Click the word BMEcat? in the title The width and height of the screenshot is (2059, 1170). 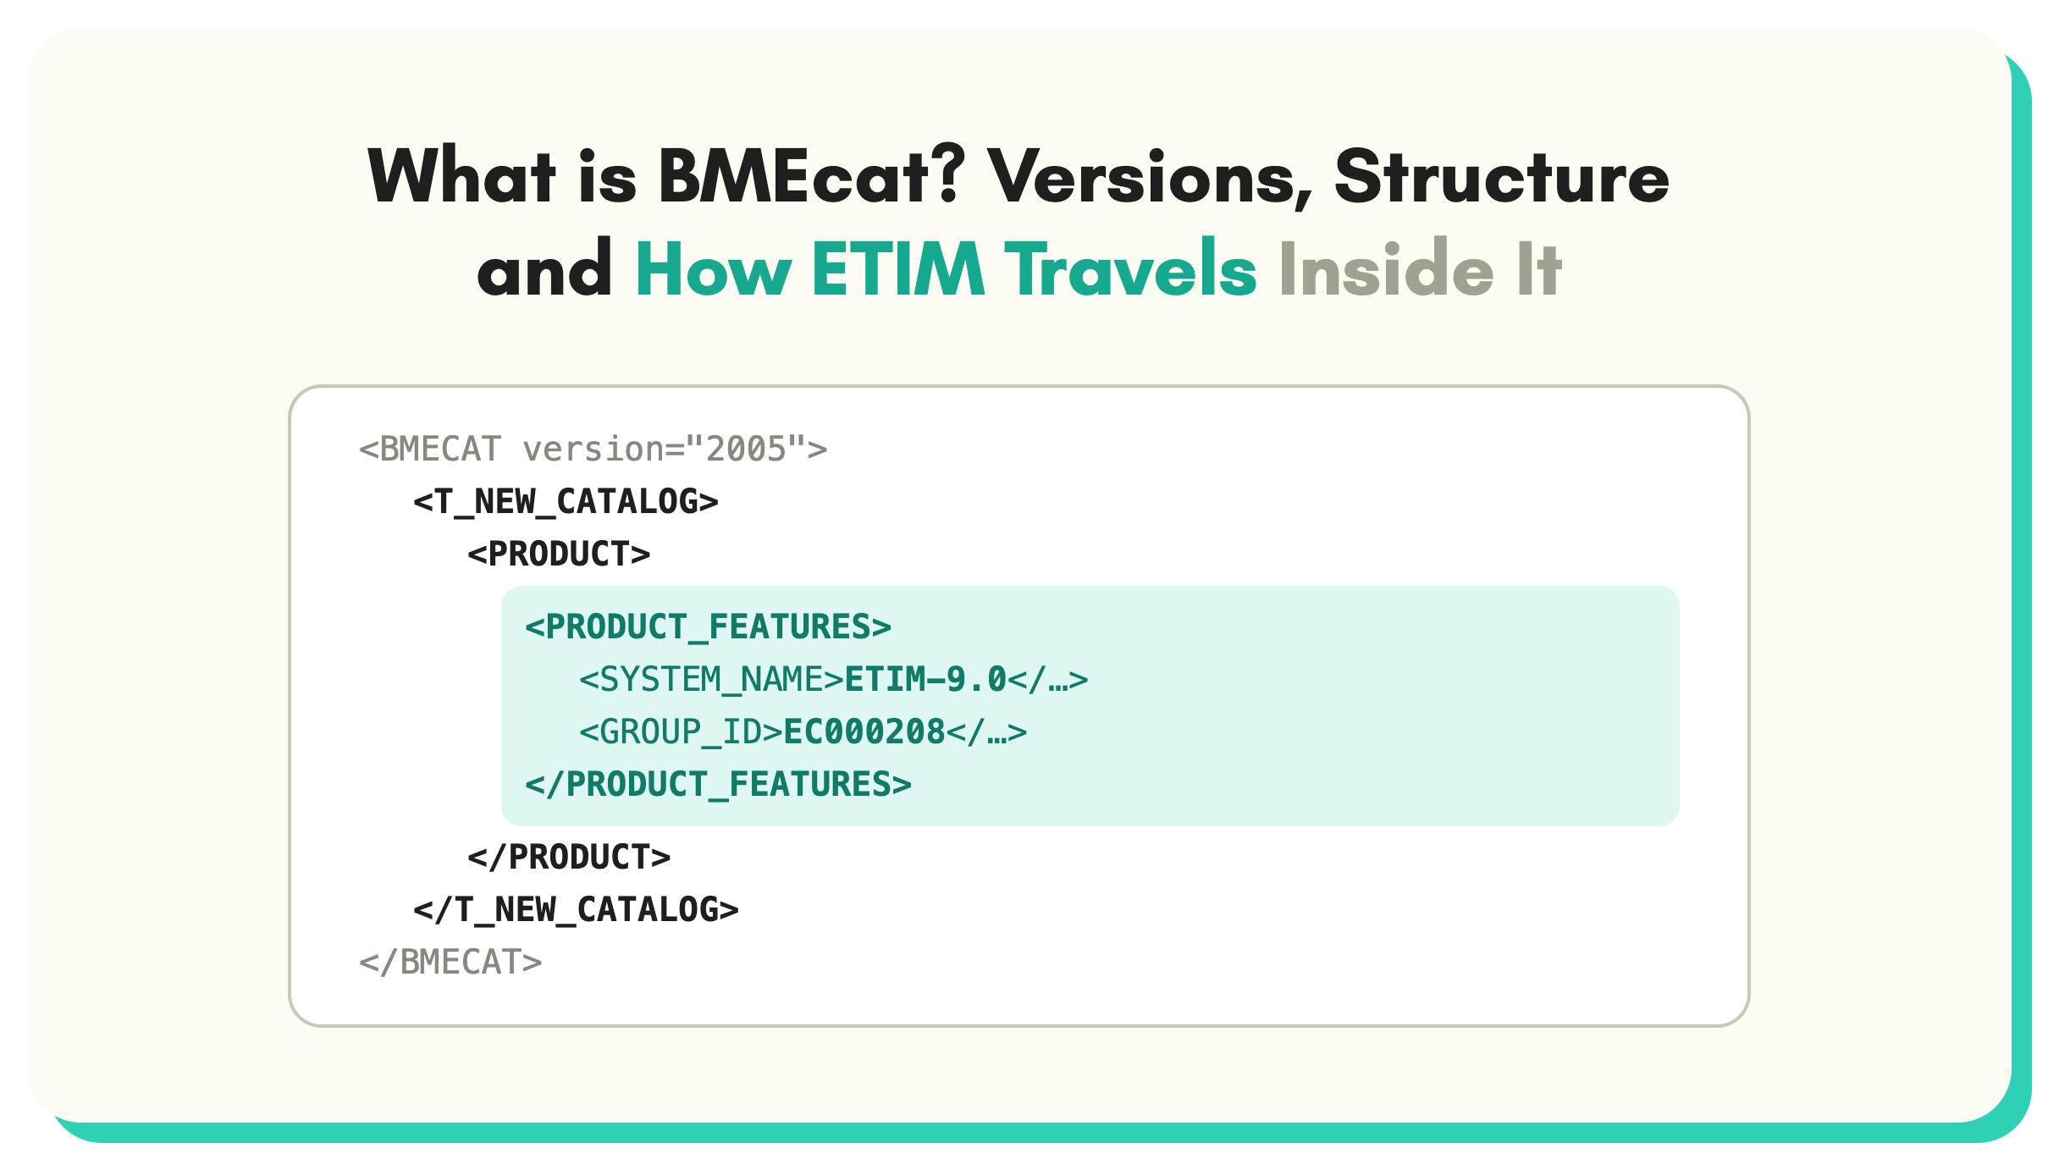click(x=812, y=175)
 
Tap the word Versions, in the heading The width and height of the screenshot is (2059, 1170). click(x=1150, y=178)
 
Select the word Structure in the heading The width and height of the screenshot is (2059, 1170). click(x=1502, y=175)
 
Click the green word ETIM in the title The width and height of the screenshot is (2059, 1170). click(x=898, y=268)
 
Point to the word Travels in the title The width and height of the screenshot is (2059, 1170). click(x=1130, y=268)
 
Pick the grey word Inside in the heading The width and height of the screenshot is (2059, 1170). click(x=1386, y=268)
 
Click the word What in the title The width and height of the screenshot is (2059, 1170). click(x=462, y=175)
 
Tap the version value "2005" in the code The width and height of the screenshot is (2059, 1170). click(x=747, y=449)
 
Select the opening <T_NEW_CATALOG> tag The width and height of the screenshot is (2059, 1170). click(x=566, y=501)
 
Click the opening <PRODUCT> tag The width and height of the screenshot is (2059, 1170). click(x=559, y=554)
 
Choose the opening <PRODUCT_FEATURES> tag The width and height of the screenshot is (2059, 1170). click(x=708, y=626)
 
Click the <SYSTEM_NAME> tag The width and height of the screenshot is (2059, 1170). click(x=711, y=679)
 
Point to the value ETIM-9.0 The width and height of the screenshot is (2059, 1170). click(x=925, y=679)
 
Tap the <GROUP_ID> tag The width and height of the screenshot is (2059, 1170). click(x=681, y=731)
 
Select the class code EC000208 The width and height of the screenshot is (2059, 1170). click(x=864, y=731)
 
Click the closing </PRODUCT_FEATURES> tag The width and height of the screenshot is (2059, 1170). click(x=718, y=784)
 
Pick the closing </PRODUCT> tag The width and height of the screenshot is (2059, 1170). click(x=569, y=857)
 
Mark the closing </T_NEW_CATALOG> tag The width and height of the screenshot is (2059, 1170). click(x=576, y=909)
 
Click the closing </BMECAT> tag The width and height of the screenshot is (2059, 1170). click(x=450, y=962)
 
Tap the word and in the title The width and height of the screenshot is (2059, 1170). click(x=544, y=268)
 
